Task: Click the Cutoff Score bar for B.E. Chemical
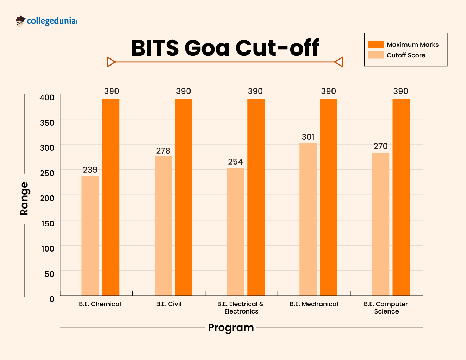(90, 235)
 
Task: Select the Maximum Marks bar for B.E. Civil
(183, 197)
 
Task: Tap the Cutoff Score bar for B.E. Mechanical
(308, 219)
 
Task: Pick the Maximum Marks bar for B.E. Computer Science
(401, 197)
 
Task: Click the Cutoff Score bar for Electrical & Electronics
(235, 231)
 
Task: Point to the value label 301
(308, 137)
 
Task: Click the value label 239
(90, 170)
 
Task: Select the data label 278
(163, 151)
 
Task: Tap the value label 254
(235, 162)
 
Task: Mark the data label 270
(380, 146)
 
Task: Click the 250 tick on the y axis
(47, 173)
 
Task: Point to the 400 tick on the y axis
(47, 98)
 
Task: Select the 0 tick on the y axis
(52, 299)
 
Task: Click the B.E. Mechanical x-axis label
(314, 304)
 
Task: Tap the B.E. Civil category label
(169, 304)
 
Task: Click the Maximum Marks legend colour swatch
(376, 44)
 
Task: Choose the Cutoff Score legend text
(406, 55)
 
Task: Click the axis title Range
(24, 198)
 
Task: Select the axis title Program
(231, 328)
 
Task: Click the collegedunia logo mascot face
(20, 22)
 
